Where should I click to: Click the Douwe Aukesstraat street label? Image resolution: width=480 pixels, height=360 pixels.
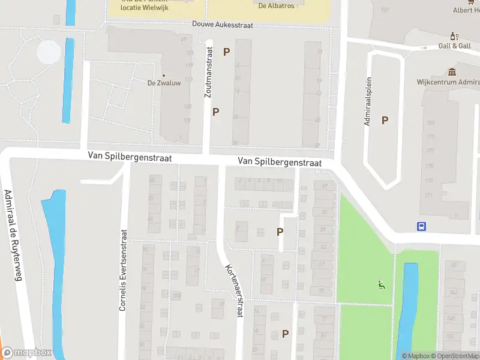[223, 25]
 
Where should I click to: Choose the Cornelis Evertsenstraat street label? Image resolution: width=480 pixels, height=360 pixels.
[123, 271]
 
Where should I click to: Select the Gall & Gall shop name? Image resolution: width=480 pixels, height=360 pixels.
[454, 46]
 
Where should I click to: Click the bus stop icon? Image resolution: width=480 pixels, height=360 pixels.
[422, 226]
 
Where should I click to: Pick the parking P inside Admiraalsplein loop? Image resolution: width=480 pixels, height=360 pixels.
[385, 120]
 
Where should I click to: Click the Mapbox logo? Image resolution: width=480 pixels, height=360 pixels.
[26, 353]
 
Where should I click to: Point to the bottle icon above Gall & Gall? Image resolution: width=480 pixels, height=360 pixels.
[454, 35]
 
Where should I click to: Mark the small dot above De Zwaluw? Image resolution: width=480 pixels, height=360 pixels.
[164, 76]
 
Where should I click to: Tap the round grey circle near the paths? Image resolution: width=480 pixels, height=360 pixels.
[49, 52]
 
